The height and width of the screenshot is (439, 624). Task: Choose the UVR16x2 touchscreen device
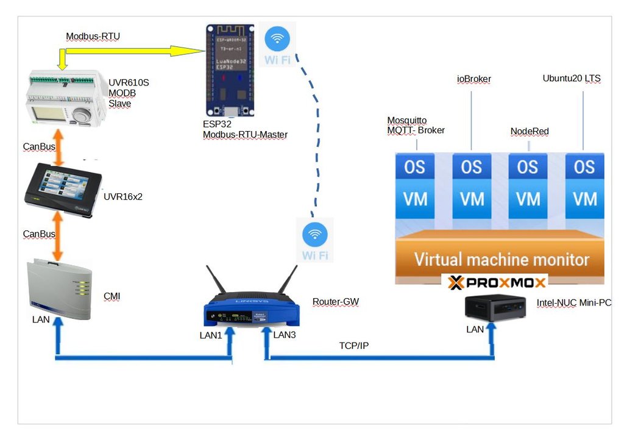(62, 185)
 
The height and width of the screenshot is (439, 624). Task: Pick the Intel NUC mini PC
(495, 305)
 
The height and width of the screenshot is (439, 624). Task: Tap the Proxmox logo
(497, 283)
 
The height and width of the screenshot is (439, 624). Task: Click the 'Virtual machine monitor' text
(502, 260)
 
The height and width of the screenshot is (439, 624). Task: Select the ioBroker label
(473, 79)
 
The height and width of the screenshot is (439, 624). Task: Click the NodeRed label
(528, 131)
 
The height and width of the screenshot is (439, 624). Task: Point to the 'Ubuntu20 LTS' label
(571, 79)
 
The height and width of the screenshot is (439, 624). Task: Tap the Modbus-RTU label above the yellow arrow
(93, 37)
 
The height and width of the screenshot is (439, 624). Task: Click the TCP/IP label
(353, 346)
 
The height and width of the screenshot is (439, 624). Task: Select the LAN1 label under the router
(211, 335)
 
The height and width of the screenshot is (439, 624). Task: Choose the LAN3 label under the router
(284, 335)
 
